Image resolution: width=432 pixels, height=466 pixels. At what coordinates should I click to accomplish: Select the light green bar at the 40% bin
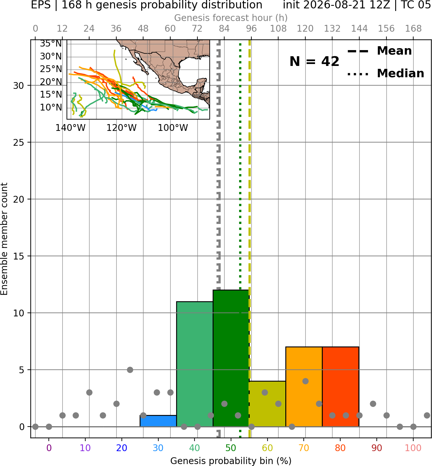[x=195, y=364]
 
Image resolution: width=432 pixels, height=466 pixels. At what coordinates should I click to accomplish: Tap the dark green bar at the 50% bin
[x=231, y=358]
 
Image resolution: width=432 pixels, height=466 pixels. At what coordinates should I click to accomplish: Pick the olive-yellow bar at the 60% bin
[x=267, y=404]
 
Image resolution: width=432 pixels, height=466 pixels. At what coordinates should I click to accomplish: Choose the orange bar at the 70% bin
[x=304, y=387]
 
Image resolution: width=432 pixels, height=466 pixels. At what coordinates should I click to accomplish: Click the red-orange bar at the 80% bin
[x=341, y=387]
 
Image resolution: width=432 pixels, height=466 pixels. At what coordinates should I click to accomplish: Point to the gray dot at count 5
[x=130, y=370]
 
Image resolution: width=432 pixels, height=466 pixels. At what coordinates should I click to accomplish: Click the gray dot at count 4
[x=305, y=381]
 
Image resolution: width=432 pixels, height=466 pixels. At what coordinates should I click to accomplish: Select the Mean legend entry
[x=379, y=51]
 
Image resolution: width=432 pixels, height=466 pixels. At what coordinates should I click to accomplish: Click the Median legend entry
[x=385, y=73]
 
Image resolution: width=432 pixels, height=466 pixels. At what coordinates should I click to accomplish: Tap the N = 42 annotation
[x=314, y=61]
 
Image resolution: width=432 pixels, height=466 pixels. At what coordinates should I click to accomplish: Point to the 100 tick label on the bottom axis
[x=413, y=448]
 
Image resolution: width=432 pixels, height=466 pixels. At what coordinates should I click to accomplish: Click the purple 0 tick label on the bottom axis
[x=49, y=448]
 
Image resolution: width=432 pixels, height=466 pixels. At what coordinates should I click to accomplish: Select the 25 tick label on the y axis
[x=19, y=143]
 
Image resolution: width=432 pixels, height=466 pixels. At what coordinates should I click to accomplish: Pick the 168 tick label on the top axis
[x=413, y=29]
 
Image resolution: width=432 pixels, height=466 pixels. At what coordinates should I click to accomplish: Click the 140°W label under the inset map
[x=70, y=128]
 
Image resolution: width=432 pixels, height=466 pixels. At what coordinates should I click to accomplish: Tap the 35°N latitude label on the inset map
[x=51, y=44]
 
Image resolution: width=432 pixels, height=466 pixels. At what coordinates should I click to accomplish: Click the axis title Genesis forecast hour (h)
[x=231, y=18]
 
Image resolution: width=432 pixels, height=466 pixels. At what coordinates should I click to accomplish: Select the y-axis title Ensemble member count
[x=4, y=239]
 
